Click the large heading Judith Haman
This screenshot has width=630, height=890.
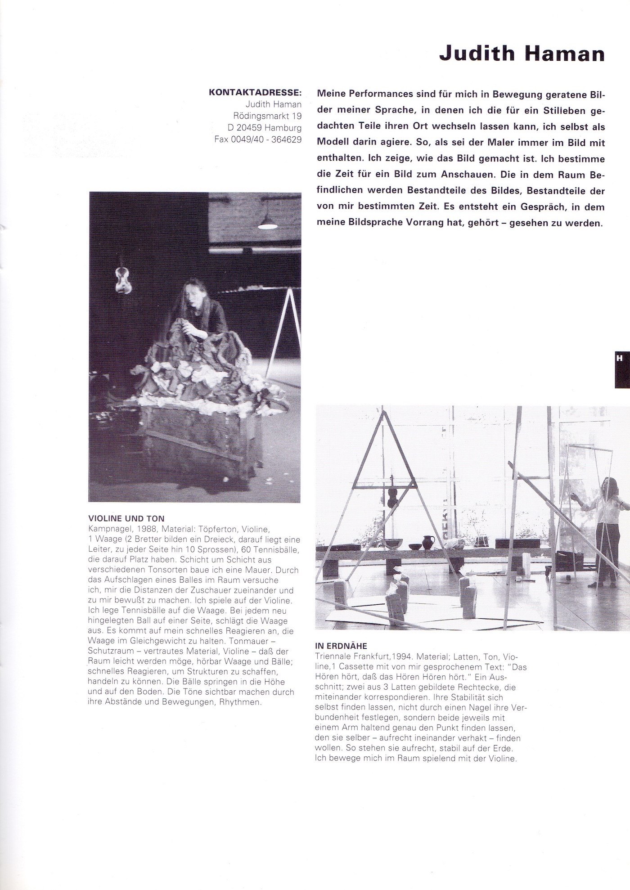click(522, 54)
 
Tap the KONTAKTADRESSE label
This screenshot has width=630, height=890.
click(255, 93)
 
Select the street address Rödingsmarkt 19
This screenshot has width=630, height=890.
click(267, 116)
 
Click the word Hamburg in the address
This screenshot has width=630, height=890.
click(283, 128)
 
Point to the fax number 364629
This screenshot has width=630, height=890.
click(286, 139)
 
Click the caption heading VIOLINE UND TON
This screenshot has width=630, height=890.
click(126, 519)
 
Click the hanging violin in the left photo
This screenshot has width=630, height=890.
click(122, 279)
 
